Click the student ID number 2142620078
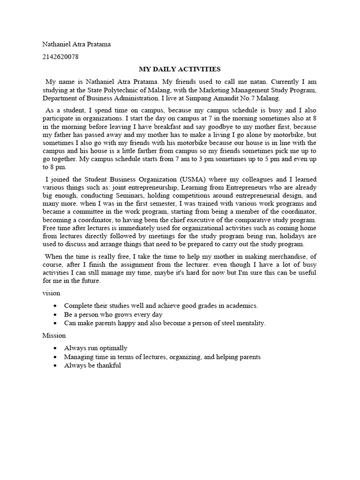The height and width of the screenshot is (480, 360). click(60, 57)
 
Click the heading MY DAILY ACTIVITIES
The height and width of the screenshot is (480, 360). click(180, 69)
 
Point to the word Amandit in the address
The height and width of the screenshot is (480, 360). click(229, 98)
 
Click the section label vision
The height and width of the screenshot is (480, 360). click(51, 293)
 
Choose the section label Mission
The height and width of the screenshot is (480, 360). click(54, 336)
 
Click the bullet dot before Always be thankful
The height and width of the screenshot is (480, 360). click(56, 366)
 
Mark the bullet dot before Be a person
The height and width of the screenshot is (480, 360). click(56, 315)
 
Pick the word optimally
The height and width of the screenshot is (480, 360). click(112, 348)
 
